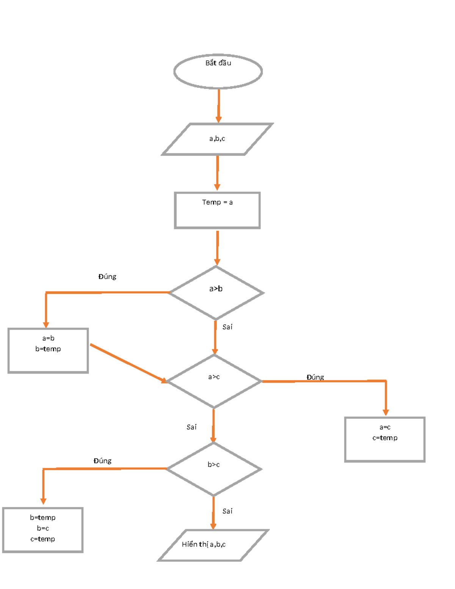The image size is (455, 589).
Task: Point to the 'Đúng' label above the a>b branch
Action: pyautogui.click(x=107, y=277)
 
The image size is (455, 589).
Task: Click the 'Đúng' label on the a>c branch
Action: pyautogui.click(x=315, y=377)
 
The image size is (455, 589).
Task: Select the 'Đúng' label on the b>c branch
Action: pyautogui.click(x=102, y=461)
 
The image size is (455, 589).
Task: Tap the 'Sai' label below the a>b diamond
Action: pyautogui.click(x=227, y=327)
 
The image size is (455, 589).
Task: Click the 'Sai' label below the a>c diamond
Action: pyautogui.click(x=191, y=427)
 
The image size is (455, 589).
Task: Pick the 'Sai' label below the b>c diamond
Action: pyautogui.click(x=227, y=511)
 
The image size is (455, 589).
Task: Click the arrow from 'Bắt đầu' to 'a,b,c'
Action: pyautogui.click(x=219, y=106)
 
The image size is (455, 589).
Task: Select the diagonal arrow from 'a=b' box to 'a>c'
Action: pyautogui.click(x=129, y=364)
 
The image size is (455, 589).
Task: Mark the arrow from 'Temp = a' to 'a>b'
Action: pyautogui.click(x=217, y=248)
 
